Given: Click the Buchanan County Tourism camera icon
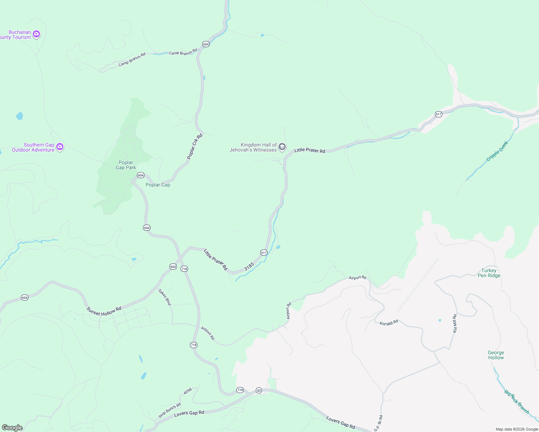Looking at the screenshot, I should tap(36, 34).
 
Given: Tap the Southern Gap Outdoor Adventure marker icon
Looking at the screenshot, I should tap(60, 147).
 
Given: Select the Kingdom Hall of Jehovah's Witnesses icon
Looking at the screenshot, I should tap(282, 147).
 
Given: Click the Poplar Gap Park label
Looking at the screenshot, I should tap(126, 165).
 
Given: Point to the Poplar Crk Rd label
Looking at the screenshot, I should tap(195, 146).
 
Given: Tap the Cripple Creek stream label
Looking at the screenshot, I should tap(497, 151).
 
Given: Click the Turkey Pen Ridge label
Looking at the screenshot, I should tap(489, 273).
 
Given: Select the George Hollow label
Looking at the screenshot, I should tap(496, 355).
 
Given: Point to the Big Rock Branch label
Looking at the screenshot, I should tap(517, 402).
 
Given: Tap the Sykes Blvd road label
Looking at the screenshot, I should tap(165, 297).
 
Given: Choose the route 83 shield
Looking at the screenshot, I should tap(259, 390).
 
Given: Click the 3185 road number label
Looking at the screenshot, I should tap(249, 266).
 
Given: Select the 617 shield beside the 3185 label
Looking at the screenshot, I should tap(264, 252).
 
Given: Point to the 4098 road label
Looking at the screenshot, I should tap(188, 391).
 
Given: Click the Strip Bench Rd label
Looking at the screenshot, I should tap(170, 411).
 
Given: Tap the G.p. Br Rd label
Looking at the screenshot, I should tap(378, 423).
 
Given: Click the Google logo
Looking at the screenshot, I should tap(12, 428).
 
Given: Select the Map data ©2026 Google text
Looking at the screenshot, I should tap(517, 429).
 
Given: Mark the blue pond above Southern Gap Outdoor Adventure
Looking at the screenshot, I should tap(19, 116).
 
